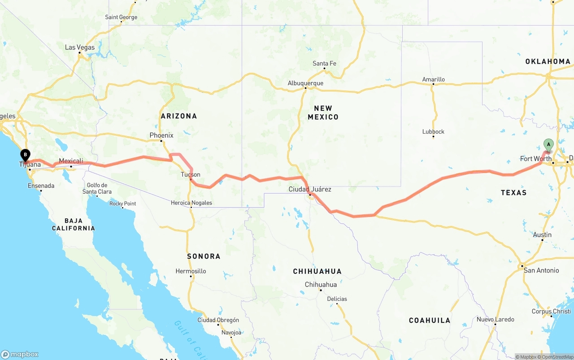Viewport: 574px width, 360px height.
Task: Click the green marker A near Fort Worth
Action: coord(548,145)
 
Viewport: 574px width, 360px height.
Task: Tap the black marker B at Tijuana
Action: coord(26,155)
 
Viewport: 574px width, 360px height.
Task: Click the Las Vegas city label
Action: coord(80,47)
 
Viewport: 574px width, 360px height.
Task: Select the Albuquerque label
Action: coord(305,83)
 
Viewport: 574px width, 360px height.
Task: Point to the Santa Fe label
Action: coord(324,64)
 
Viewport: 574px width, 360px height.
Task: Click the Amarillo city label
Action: coord(434,79)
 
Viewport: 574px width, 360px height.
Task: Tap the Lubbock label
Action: coord(433,131)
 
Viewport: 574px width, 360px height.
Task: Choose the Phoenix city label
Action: coord(161,135)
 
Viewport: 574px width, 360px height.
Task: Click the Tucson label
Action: coord(191,174)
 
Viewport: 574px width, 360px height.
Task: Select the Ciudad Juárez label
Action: coord(310,189)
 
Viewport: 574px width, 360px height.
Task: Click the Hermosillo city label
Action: coord(191,271)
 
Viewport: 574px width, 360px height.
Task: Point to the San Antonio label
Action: coord(541,270)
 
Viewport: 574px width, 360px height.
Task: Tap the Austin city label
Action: coord(542,235)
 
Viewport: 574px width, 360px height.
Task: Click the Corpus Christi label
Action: coord(551,311)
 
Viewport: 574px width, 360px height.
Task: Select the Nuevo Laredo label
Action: coord(495,320)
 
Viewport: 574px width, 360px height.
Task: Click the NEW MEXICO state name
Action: coord(323,113)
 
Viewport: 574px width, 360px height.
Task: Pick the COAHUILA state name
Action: coord(430,320)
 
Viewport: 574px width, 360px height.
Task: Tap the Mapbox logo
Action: coord(20,354)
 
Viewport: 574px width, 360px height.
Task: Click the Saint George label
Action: coord(121,17)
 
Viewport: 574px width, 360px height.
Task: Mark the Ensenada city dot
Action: coord(41,191)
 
